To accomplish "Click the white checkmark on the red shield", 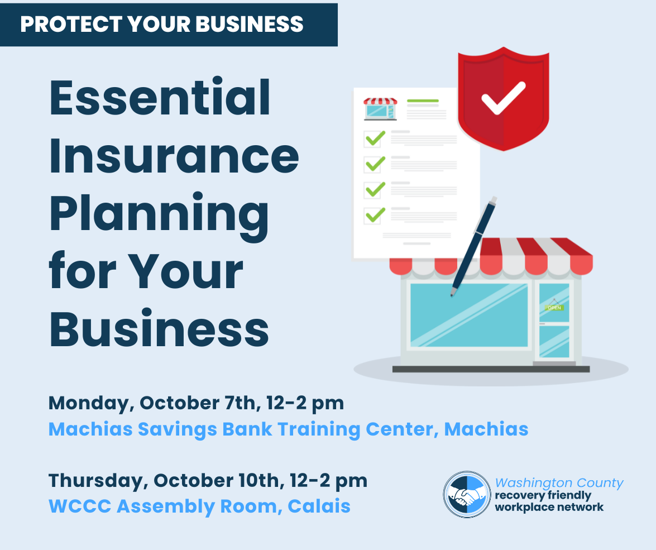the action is (503, 98).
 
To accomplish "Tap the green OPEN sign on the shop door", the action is (554, 308).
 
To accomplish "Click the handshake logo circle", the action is (467, 494).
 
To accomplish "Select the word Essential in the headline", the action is (160, 97).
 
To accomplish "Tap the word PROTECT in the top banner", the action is (71, 24).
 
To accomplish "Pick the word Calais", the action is (319, 506).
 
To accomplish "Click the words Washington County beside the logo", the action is (559, 483).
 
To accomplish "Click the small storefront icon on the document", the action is (380, 109).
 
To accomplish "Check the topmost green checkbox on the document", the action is (374, 138).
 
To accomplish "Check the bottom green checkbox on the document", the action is (374, 215).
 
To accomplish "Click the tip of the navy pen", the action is (452, 295).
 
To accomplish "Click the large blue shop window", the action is (469, 315).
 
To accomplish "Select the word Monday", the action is (91, 404).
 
